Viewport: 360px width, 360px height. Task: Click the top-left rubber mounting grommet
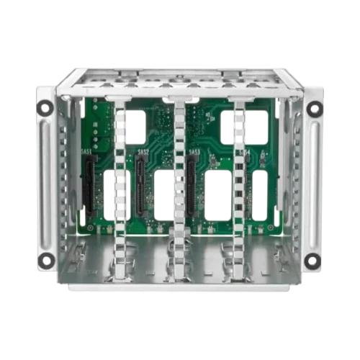tap(45, 109)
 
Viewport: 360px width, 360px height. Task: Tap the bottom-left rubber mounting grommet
tap(45, 259)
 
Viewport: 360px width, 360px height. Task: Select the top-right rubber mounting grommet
tap(314, 109)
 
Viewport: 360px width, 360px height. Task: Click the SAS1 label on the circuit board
tap(87, 152)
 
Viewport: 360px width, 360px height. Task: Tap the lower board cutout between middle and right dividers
tap(216, 194)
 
